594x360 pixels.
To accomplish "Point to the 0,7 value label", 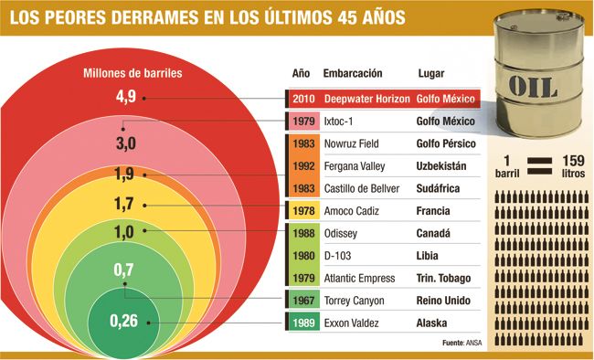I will [x=125, y=271].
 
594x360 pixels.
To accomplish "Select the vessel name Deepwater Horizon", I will [x=366, y=99].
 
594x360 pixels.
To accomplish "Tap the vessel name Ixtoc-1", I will [x=340, y=122].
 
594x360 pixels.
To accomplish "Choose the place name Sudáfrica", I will [x=443, y=188].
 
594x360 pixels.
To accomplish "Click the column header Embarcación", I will [x=352, y=73].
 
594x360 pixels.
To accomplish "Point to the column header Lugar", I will [x=431, y=73].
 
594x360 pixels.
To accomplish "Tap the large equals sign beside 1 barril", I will [x=540, y=164].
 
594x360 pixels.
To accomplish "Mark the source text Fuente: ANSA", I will [x=461, y=343].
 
